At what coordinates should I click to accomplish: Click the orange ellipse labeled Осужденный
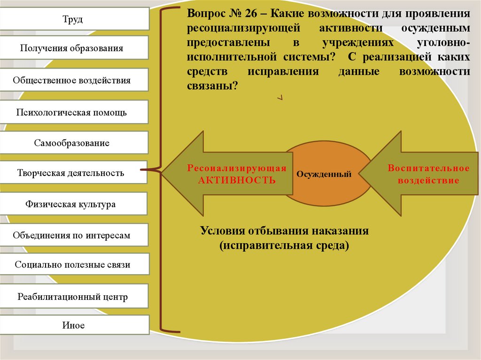(x=324, y=174)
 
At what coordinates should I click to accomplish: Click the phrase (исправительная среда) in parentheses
(x=284, y=245)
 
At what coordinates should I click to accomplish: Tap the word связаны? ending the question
(x=212, y=86)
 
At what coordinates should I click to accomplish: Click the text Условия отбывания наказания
(x=284, y=231)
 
